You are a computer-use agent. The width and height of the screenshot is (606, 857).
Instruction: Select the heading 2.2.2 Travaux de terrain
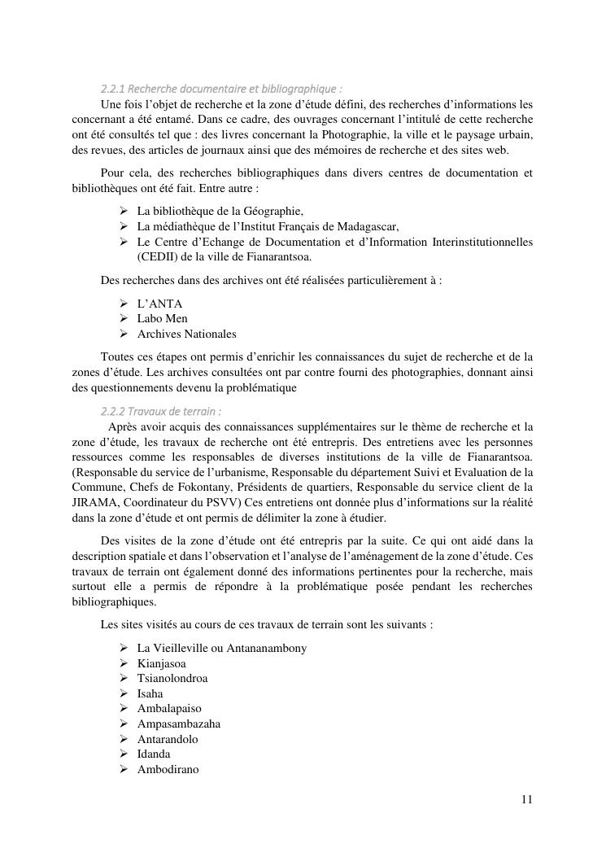click(x=161, y=410)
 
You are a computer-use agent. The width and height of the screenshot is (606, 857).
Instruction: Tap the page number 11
click(x=526, y=799)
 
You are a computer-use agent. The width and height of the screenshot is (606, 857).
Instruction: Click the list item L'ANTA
click(x=159, y=304)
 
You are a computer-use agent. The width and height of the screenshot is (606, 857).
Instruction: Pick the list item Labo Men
click(x=163, y=318)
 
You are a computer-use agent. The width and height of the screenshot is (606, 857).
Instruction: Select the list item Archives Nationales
click(x=186, y=334)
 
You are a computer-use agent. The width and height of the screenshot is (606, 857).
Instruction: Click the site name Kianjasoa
click(x=162, y=663)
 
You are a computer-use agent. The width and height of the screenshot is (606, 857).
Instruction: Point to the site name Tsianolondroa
click(x=172, y=678)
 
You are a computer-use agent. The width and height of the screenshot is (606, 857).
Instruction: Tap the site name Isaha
click(x=150, y=693)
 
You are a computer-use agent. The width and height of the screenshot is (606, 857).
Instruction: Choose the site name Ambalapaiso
click(x=169, y=708)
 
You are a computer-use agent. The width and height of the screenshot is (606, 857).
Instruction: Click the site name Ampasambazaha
click(x=178, y=724)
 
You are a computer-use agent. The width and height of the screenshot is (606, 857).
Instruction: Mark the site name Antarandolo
click(x=168, y=739)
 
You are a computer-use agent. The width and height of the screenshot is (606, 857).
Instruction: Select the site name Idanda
click(x=154, y=754)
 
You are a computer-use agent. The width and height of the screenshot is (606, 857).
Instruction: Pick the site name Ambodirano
click(x=168, y=769)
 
